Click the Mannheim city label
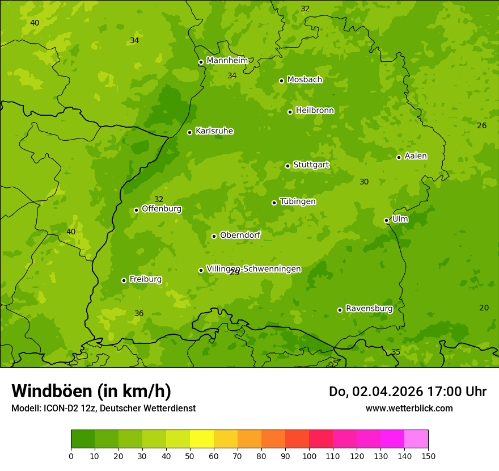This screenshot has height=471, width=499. tap(227, 61)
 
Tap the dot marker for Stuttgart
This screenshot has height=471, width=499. tap(287, 166)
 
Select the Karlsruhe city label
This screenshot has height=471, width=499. tap(214, 131)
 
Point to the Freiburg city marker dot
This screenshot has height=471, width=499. tap(124, 280)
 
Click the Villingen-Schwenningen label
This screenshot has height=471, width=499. tap(253, 269)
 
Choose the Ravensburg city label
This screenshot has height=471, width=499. tap(369, 309)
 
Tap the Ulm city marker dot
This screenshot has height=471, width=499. tap(386, 220)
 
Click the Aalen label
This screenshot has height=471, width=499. tap(416, 156)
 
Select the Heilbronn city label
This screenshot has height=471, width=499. tap(315, 111)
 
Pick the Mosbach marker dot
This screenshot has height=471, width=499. tap(281, 81)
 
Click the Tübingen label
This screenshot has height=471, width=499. tap(298, 201)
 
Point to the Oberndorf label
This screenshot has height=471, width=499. tap(240, 235)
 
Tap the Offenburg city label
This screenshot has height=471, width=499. tap(162, 209)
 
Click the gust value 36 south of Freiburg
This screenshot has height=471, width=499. tap(139, 313)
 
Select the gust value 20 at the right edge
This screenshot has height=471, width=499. tap(484, 308)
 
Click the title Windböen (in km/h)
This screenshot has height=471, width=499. tap(91, 391)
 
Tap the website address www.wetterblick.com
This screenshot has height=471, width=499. tap(409, 408)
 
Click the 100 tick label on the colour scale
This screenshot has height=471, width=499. tap(309, 456)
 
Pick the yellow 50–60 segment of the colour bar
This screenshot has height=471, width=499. tap(202, 439)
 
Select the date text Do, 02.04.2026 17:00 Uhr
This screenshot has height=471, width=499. tap(407, 392)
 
